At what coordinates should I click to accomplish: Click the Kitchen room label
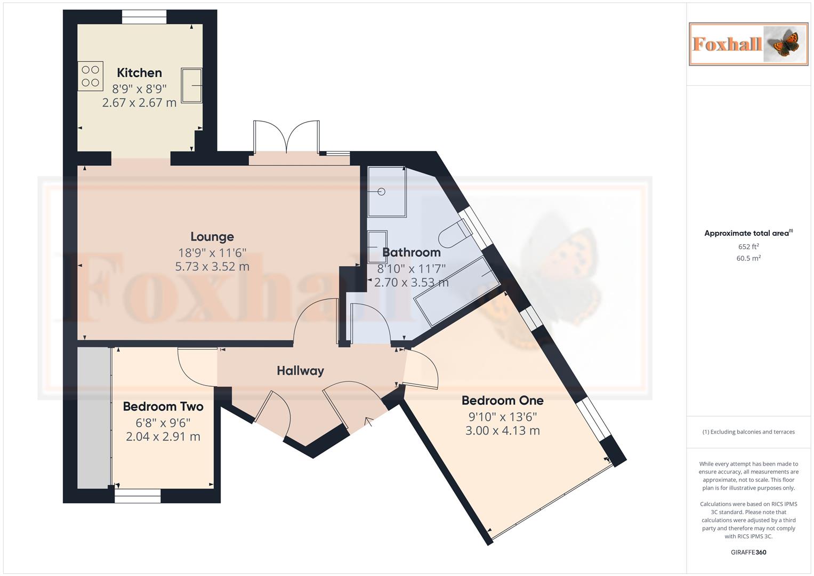click(x=139, y=73)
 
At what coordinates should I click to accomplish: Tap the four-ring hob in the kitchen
click(x=91, y=76)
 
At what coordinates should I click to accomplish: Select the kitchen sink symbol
click(x=191, y=85)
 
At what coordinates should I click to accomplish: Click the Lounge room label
click(x=212, y=236)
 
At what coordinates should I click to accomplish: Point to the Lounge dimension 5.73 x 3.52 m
click(x=212, y=267)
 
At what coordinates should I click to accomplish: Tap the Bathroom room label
click(x=412, y=252)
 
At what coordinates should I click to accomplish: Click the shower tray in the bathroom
click(x=386, y=191)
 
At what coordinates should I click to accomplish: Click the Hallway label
click(x=300, y=371)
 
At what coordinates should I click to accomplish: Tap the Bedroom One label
click(x=502, y=401)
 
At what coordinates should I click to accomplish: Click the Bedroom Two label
click(x=163, y=406)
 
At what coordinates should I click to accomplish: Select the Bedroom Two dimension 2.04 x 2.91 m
click(x=163, y=437)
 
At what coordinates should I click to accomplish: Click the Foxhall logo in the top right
click(x=748, y=44)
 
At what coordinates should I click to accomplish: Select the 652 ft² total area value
click(x=748, y=246)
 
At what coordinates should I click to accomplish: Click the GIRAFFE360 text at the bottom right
click(x=748, y=552)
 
